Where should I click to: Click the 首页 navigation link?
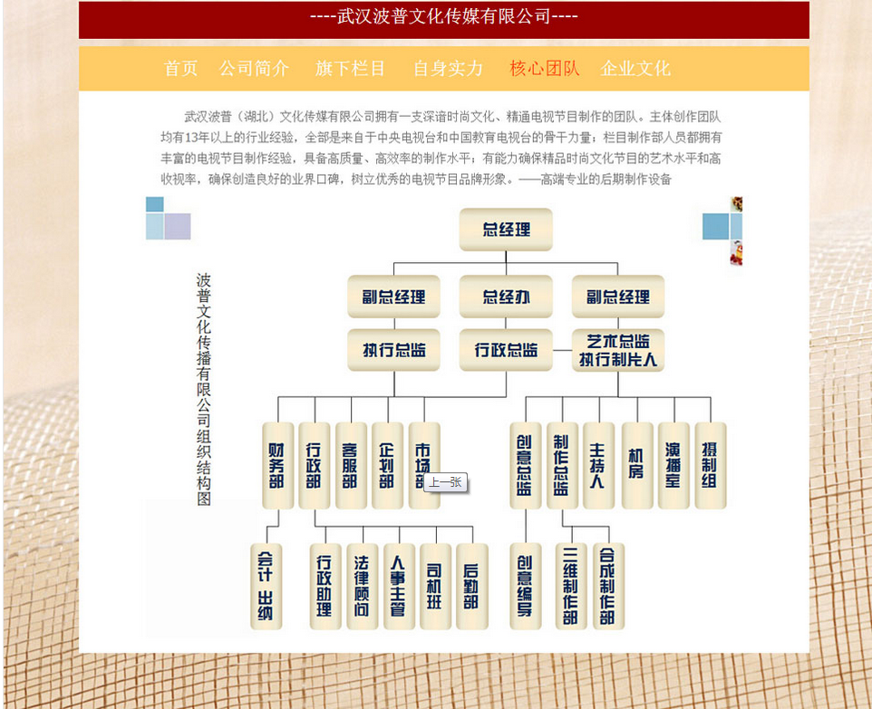pos(180,69)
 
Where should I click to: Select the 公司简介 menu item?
pos(255,69)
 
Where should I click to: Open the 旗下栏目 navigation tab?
pos(350,69)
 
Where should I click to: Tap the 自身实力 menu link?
pos(448,69)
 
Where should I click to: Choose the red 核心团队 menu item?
pos(544,69)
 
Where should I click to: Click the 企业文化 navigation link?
pos(635,69)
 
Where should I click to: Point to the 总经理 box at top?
pos(506,229)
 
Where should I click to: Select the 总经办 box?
pos(506,296)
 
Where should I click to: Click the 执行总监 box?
pos(393,350)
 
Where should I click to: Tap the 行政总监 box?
pos(506,350)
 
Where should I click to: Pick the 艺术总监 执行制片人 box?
pos(618,350)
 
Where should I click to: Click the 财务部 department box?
pos(277,465)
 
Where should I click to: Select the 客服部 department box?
pos(351,465)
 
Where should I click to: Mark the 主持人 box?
pos(598,465)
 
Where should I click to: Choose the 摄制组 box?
pos(710,465)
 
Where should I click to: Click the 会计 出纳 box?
pos(266,586)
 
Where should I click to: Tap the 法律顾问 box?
pos(362,586)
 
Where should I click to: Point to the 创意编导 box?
pos(525,586)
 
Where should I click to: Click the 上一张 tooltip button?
pos(445,482)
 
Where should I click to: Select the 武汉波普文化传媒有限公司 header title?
pos(443,17)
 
